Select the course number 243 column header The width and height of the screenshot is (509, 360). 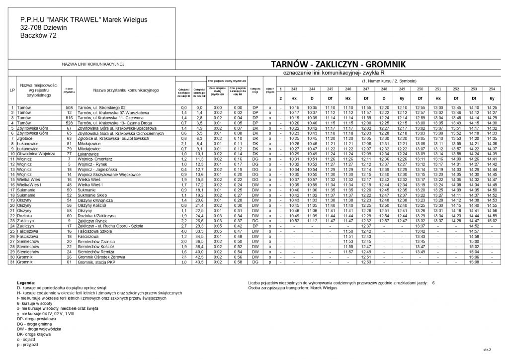click(x=293, y=89)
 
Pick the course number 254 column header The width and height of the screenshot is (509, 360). click(x=492, y=89)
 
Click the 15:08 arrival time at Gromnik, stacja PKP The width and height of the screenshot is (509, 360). click(x=473, y=262)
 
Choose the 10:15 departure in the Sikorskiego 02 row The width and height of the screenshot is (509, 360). click(x=293, y=107)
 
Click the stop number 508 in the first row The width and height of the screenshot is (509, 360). click(x=69, y=107)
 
